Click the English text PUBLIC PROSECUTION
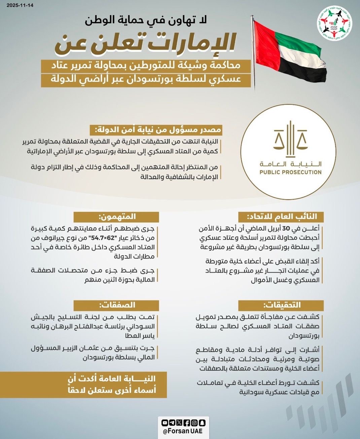(x=290, y=172)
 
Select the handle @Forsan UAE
(x=183, y=431)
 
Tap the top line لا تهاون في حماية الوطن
(x=147, y=20)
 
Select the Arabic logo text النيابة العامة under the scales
(x=290, y=164)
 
